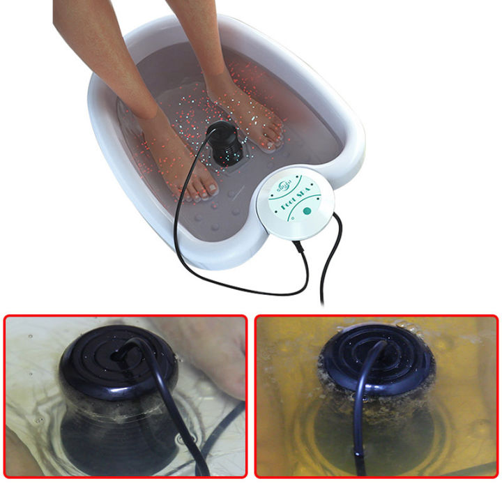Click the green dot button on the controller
(307, 211)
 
